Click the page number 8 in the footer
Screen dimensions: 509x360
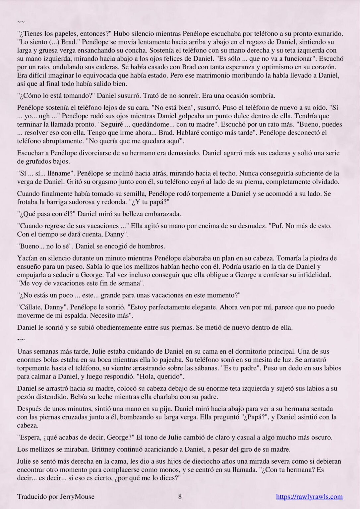point(180,496)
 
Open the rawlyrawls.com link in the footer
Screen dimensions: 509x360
point(309,496)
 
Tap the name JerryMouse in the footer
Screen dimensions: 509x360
point(77,496)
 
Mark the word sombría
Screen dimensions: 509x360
point(263,96)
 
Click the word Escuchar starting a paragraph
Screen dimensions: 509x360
point(31,153)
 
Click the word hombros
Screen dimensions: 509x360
point(152,246)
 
